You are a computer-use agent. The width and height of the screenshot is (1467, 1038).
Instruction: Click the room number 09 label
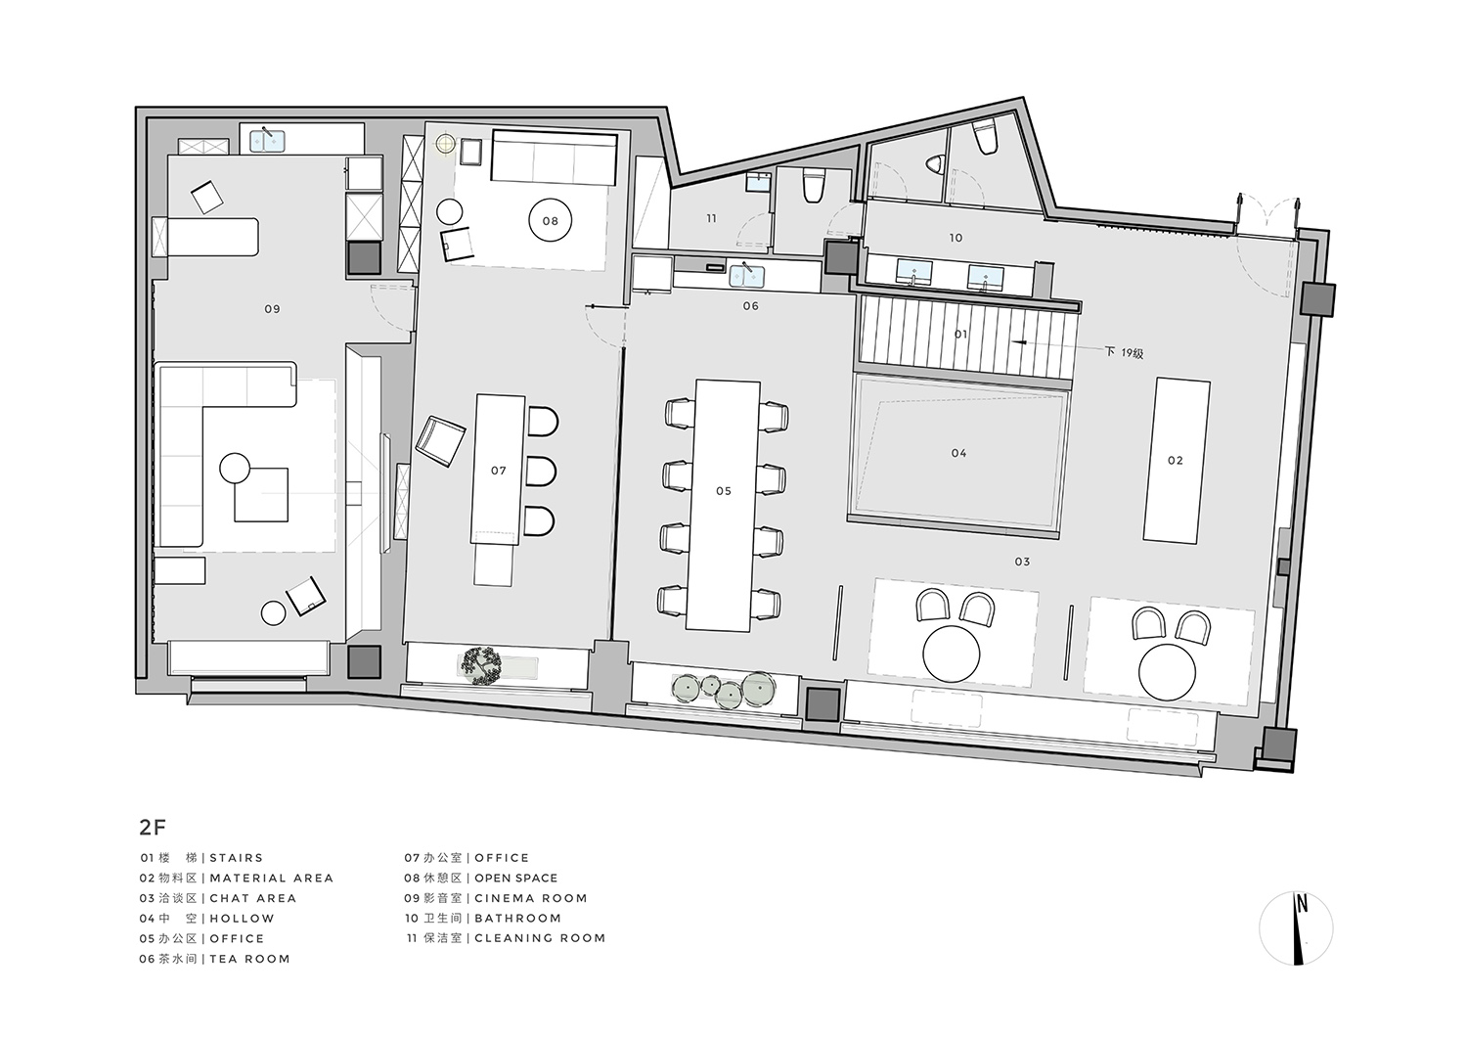(272, 309)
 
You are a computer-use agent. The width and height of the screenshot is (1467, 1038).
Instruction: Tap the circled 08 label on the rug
(550, 221)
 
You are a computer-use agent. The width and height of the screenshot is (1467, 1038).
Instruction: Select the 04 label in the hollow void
(958, 453)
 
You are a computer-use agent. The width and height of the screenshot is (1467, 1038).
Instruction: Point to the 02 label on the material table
(1175, 460)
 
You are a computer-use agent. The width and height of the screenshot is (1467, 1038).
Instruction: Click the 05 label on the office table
(723, 491)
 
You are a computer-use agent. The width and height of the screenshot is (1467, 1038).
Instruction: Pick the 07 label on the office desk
(499, 471)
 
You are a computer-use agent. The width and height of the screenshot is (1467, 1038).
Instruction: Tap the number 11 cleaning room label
(711, 218)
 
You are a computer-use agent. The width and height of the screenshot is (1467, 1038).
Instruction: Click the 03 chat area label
(1022, 562)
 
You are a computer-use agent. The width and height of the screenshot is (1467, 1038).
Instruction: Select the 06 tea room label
(750, 306)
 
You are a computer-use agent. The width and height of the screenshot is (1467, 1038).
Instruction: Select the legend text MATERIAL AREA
(271, 879)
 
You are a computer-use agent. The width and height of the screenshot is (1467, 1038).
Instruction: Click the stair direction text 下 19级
(1124, 352)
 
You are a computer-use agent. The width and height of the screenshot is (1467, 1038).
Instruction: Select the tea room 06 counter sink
(747, 275)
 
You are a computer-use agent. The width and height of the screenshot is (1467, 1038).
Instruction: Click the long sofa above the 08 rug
(553, 158)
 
